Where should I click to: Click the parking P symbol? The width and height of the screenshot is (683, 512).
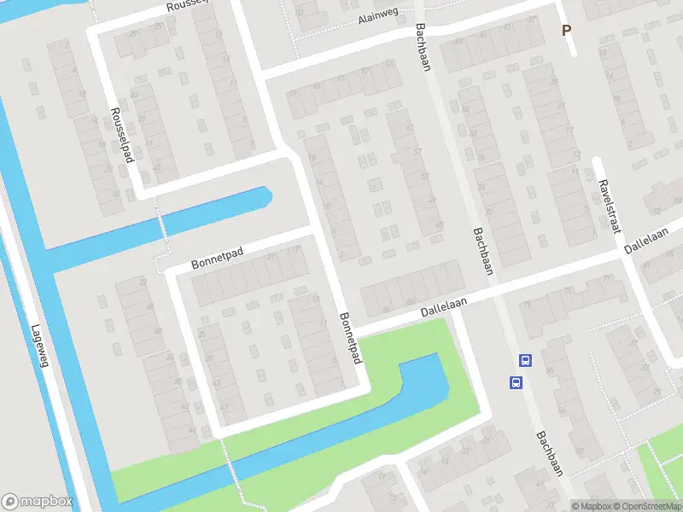coord(565,31)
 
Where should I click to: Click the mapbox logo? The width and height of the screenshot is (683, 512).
coord(37,502)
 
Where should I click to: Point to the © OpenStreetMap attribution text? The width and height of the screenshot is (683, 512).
coord(645,506)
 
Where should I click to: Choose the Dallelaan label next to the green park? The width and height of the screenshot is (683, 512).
coord(447,305)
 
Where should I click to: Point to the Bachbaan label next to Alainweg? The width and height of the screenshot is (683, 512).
coord(422,47)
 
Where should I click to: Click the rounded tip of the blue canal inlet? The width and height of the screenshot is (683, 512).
coord(266,195)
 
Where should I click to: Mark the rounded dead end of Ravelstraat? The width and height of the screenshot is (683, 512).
coord(598,162)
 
